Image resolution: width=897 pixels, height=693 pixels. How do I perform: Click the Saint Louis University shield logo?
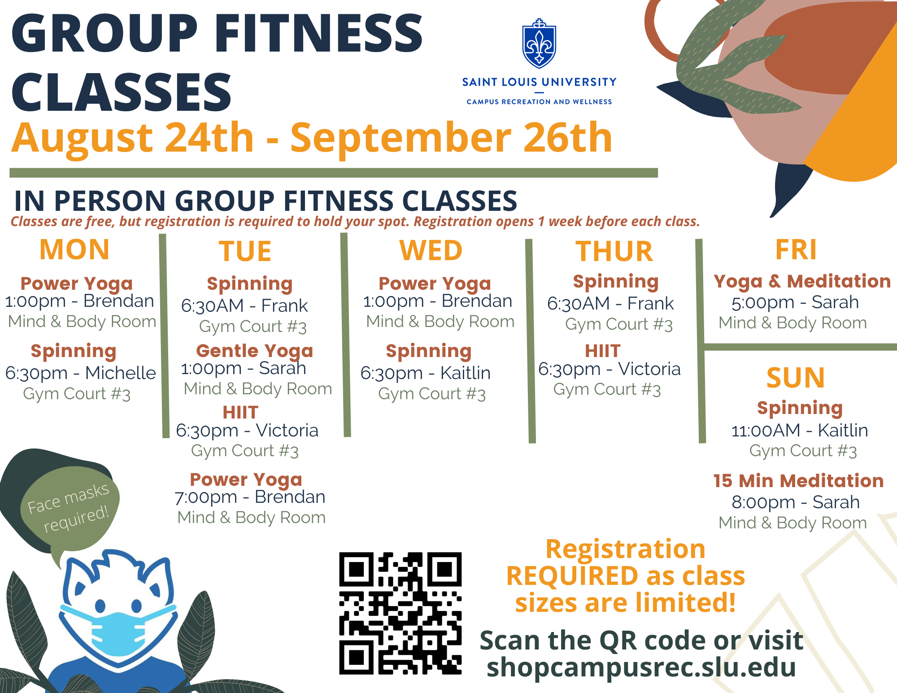coord(539,44)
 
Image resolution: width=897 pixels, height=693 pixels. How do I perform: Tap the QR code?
coord(400,613)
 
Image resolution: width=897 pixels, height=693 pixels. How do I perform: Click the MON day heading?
coord(74,249)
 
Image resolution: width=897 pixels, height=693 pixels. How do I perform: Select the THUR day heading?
coord(614,251)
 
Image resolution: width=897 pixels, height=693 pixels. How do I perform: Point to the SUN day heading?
coord(796,378)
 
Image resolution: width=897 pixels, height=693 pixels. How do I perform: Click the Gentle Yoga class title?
coord(254,351)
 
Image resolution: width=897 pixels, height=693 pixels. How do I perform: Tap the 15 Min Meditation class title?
coord(798,480)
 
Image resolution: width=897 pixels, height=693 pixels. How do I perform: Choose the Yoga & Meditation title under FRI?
coord(802,282)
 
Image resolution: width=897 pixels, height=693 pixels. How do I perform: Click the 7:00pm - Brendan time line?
coord(250,497)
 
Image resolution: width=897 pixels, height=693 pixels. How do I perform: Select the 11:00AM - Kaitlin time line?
coord(800,430)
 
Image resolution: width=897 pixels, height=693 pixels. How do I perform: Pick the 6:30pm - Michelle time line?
coord(81,373)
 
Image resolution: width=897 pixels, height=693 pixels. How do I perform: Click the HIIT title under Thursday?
coord(603,351)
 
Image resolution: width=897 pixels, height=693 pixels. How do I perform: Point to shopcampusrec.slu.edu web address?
coord(641,667)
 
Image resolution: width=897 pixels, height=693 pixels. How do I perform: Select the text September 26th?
coord(451,138)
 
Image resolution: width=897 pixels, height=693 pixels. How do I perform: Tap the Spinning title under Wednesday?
coord(429,352)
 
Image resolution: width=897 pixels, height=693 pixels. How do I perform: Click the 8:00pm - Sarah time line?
coord(796,502)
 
